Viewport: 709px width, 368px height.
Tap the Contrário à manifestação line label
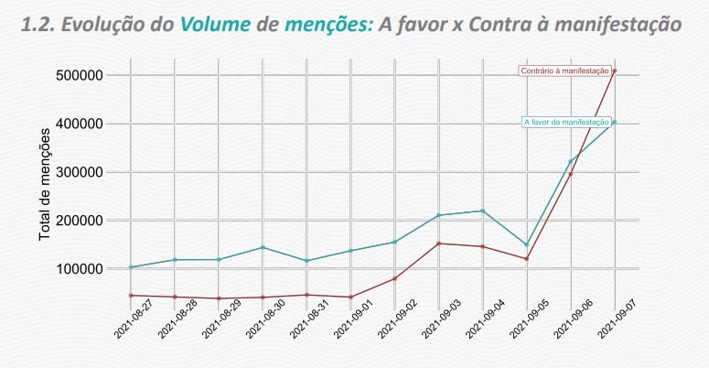564,70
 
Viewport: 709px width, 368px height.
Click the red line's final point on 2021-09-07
615,70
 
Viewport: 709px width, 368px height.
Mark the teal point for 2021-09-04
483,211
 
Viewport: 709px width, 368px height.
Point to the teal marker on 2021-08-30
263,247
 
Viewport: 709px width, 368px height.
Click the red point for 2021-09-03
439,244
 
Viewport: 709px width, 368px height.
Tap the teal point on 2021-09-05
527,244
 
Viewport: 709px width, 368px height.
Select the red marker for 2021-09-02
395,278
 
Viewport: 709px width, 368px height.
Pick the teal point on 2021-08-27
131,267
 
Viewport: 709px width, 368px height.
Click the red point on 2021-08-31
306,295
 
